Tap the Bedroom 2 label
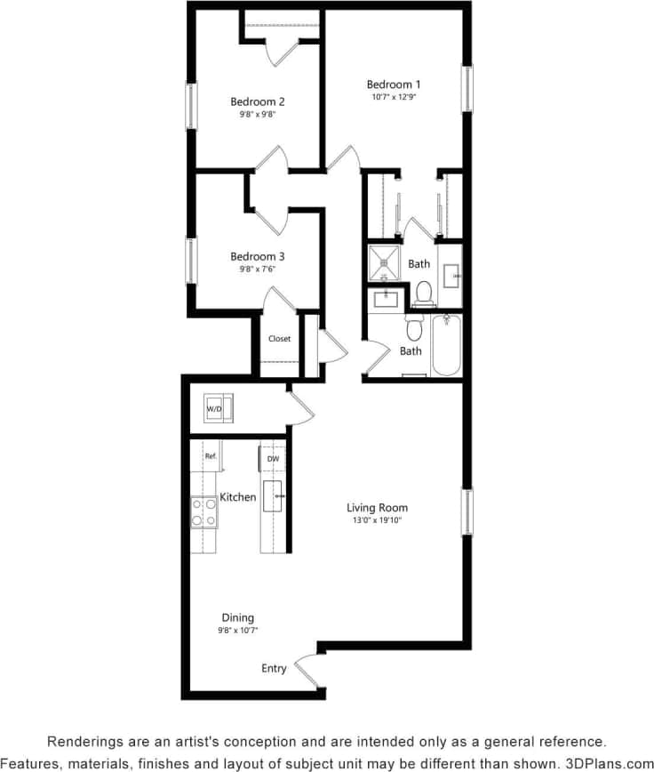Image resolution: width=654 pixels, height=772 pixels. point(258,101)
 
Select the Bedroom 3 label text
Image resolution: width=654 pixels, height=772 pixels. point(258,256)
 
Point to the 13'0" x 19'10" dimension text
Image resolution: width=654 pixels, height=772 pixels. point(378,520)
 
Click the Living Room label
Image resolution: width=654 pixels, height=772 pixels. point(378,508)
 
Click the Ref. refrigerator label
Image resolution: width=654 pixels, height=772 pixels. point(211,456)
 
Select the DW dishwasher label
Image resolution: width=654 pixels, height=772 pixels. point(274,459)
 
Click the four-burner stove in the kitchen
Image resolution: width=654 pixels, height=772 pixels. point(203,512)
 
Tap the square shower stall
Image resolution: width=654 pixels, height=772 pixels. point(386,263)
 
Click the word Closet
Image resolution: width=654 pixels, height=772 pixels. point(280,339)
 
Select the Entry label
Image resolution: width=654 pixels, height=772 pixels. point(274,668)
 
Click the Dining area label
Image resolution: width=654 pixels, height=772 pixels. point(238,617)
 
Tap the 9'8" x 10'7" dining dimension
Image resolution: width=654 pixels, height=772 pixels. point(238,630)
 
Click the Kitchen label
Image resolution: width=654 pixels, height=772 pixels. point(238,497)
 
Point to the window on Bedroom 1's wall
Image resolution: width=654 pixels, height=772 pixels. point(467,89)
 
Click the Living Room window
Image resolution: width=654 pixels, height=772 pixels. point(467,512)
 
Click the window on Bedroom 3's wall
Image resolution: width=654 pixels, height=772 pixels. point(189,261)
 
